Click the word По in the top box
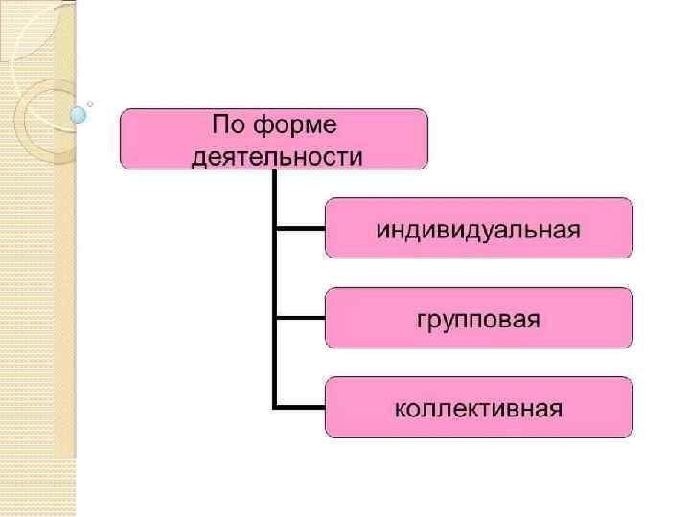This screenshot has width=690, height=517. coord(229,125)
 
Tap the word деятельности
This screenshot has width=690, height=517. coord(277,156)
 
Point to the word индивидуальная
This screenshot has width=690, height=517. coord(477,231)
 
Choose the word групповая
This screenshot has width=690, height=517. coord(478,319)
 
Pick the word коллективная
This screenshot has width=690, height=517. coord(478,409)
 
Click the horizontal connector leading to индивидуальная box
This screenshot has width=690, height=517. coord(300,228)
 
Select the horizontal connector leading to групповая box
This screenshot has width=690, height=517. coord(300,317)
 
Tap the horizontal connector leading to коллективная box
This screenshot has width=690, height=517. coord(300,407)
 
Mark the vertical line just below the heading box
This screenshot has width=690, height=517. coord(275,196)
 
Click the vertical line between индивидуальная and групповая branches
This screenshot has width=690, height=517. coord(275,273)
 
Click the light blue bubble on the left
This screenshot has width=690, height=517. coord(79,115)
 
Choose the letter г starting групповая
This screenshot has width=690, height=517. coord(421,320)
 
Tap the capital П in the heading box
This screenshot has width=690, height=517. coord(220,125)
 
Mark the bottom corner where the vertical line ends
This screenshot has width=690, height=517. coord(275,407)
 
